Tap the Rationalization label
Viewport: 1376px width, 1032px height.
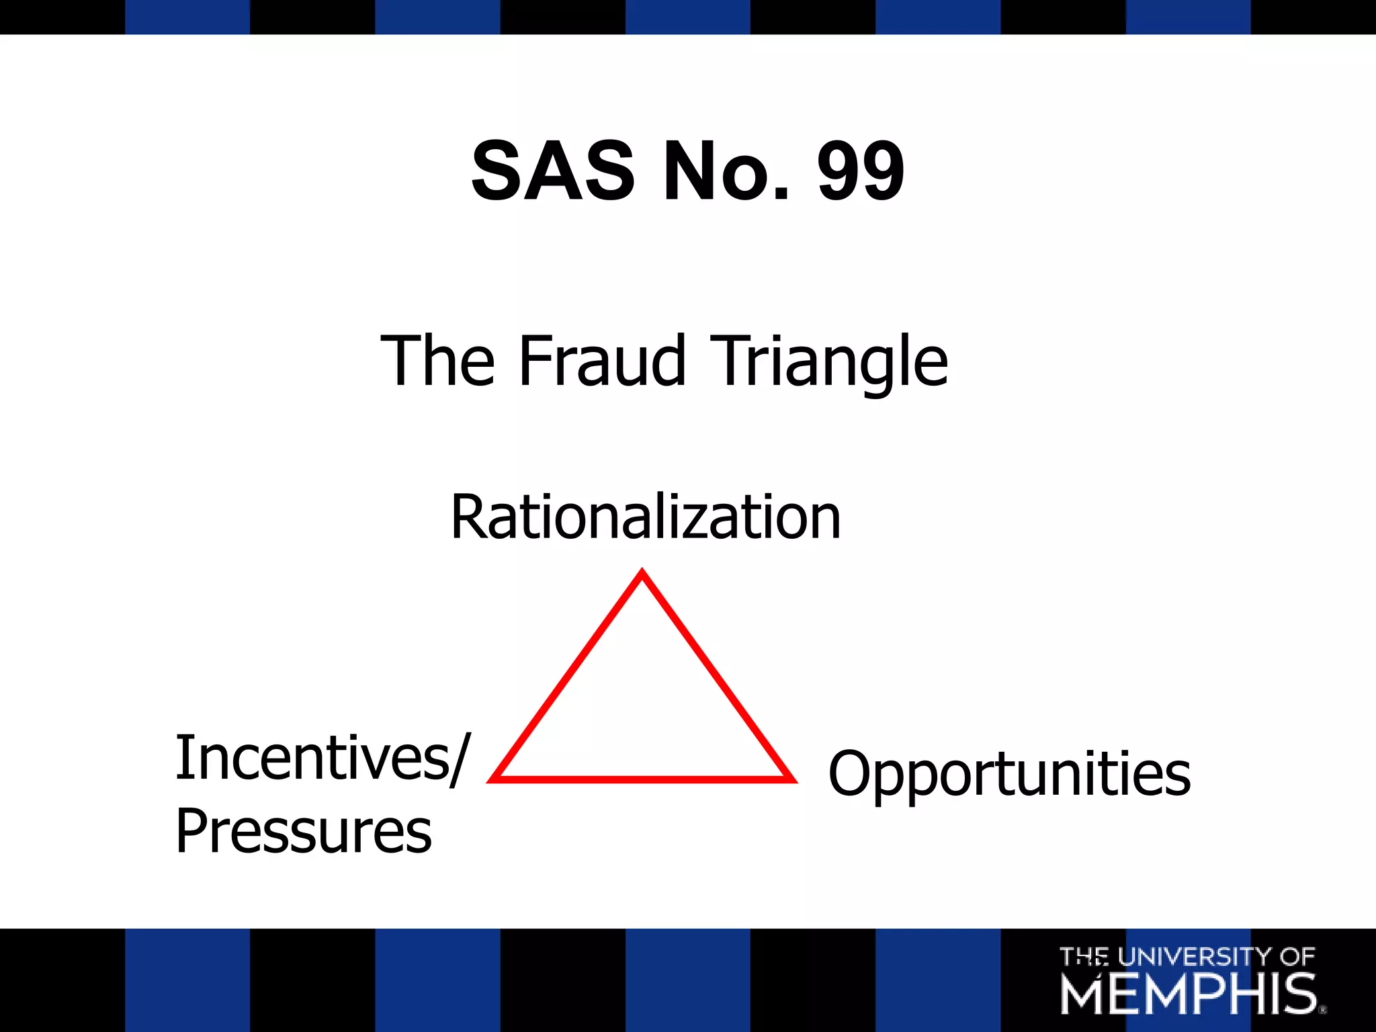(x=645, y=517)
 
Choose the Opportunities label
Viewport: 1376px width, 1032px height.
(x=1009, y=774)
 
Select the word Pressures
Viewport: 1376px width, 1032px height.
(x=303, y=832)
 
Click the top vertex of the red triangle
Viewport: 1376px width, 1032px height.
(x=642, y=572)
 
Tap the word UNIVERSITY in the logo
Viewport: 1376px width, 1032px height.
(x=1195, y=956)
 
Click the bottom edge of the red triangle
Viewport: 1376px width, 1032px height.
(x=642, y=779)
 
